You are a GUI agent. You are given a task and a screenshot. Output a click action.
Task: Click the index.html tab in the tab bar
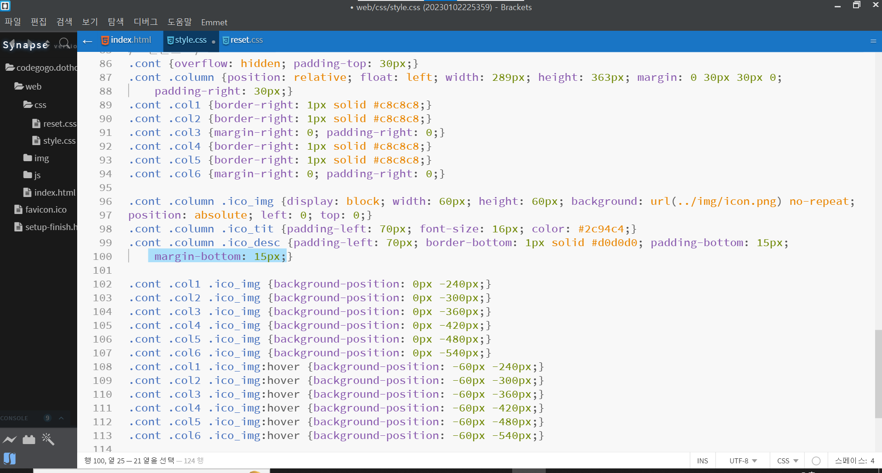click(x=130, y=40)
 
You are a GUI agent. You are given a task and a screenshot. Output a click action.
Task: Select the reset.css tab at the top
click(x=246, y=40)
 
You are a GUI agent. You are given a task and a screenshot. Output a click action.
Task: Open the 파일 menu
click(x=13, y=22)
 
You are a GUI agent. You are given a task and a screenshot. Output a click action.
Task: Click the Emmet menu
click(x=214, y=23)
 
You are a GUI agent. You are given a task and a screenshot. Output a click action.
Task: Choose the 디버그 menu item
click(x=145, y=22)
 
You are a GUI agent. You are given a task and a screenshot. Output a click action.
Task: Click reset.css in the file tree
click(x=59, y=124)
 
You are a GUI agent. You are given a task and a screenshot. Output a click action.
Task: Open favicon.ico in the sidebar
click(x=45, y=209)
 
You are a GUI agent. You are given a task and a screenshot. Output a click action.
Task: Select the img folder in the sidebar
click(x=41, y=158)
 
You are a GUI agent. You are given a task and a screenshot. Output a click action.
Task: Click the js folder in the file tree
click(x=37, y=175)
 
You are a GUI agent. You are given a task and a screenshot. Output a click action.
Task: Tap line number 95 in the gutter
click(x=105, y=187)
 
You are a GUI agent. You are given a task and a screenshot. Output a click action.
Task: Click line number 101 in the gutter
click(x=102, y=270)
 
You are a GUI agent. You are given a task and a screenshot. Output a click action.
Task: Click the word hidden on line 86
click(x=260, y=63)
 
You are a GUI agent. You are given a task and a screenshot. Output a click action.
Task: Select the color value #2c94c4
click(x=601, y=229)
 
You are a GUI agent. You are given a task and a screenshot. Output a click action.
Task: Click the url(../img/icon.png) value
click(x=716, y=201)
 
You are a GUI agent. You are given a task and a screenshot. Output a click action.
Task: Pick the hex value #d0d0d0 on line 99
click(x=614, y=242)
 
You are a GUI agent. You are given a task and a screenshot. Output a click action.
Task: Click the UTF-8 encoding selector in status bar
click(x=743, y=461)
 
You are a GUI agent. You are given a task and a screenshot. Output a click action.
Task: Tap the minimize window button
click(x=837, y=6)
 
